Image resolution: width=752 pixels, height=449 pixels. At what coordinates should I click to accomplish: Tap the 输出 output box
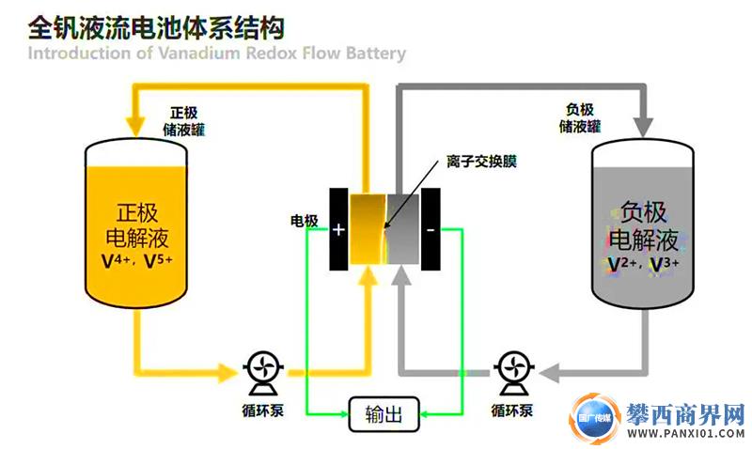point(384,414)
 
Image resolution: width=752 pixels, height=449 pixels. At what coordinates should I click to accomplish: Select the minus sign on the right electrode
point(430,228)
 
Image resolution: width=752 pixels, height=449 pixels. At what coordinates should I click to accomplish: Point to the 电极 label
point(304,222)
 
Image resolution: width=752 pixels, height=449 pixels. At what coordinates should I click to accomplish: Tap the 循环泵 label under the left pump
point(258,410)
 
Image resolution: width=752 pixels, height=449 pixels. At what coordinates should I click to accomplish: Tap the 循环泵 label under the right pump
point(512,410)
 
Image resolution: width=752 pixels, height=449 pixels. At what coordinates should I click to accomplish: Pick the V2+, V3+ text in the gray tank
point(644,263)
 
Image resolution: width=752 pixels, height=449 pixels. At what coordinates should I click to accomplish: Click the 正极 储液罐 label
point(186,119)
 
